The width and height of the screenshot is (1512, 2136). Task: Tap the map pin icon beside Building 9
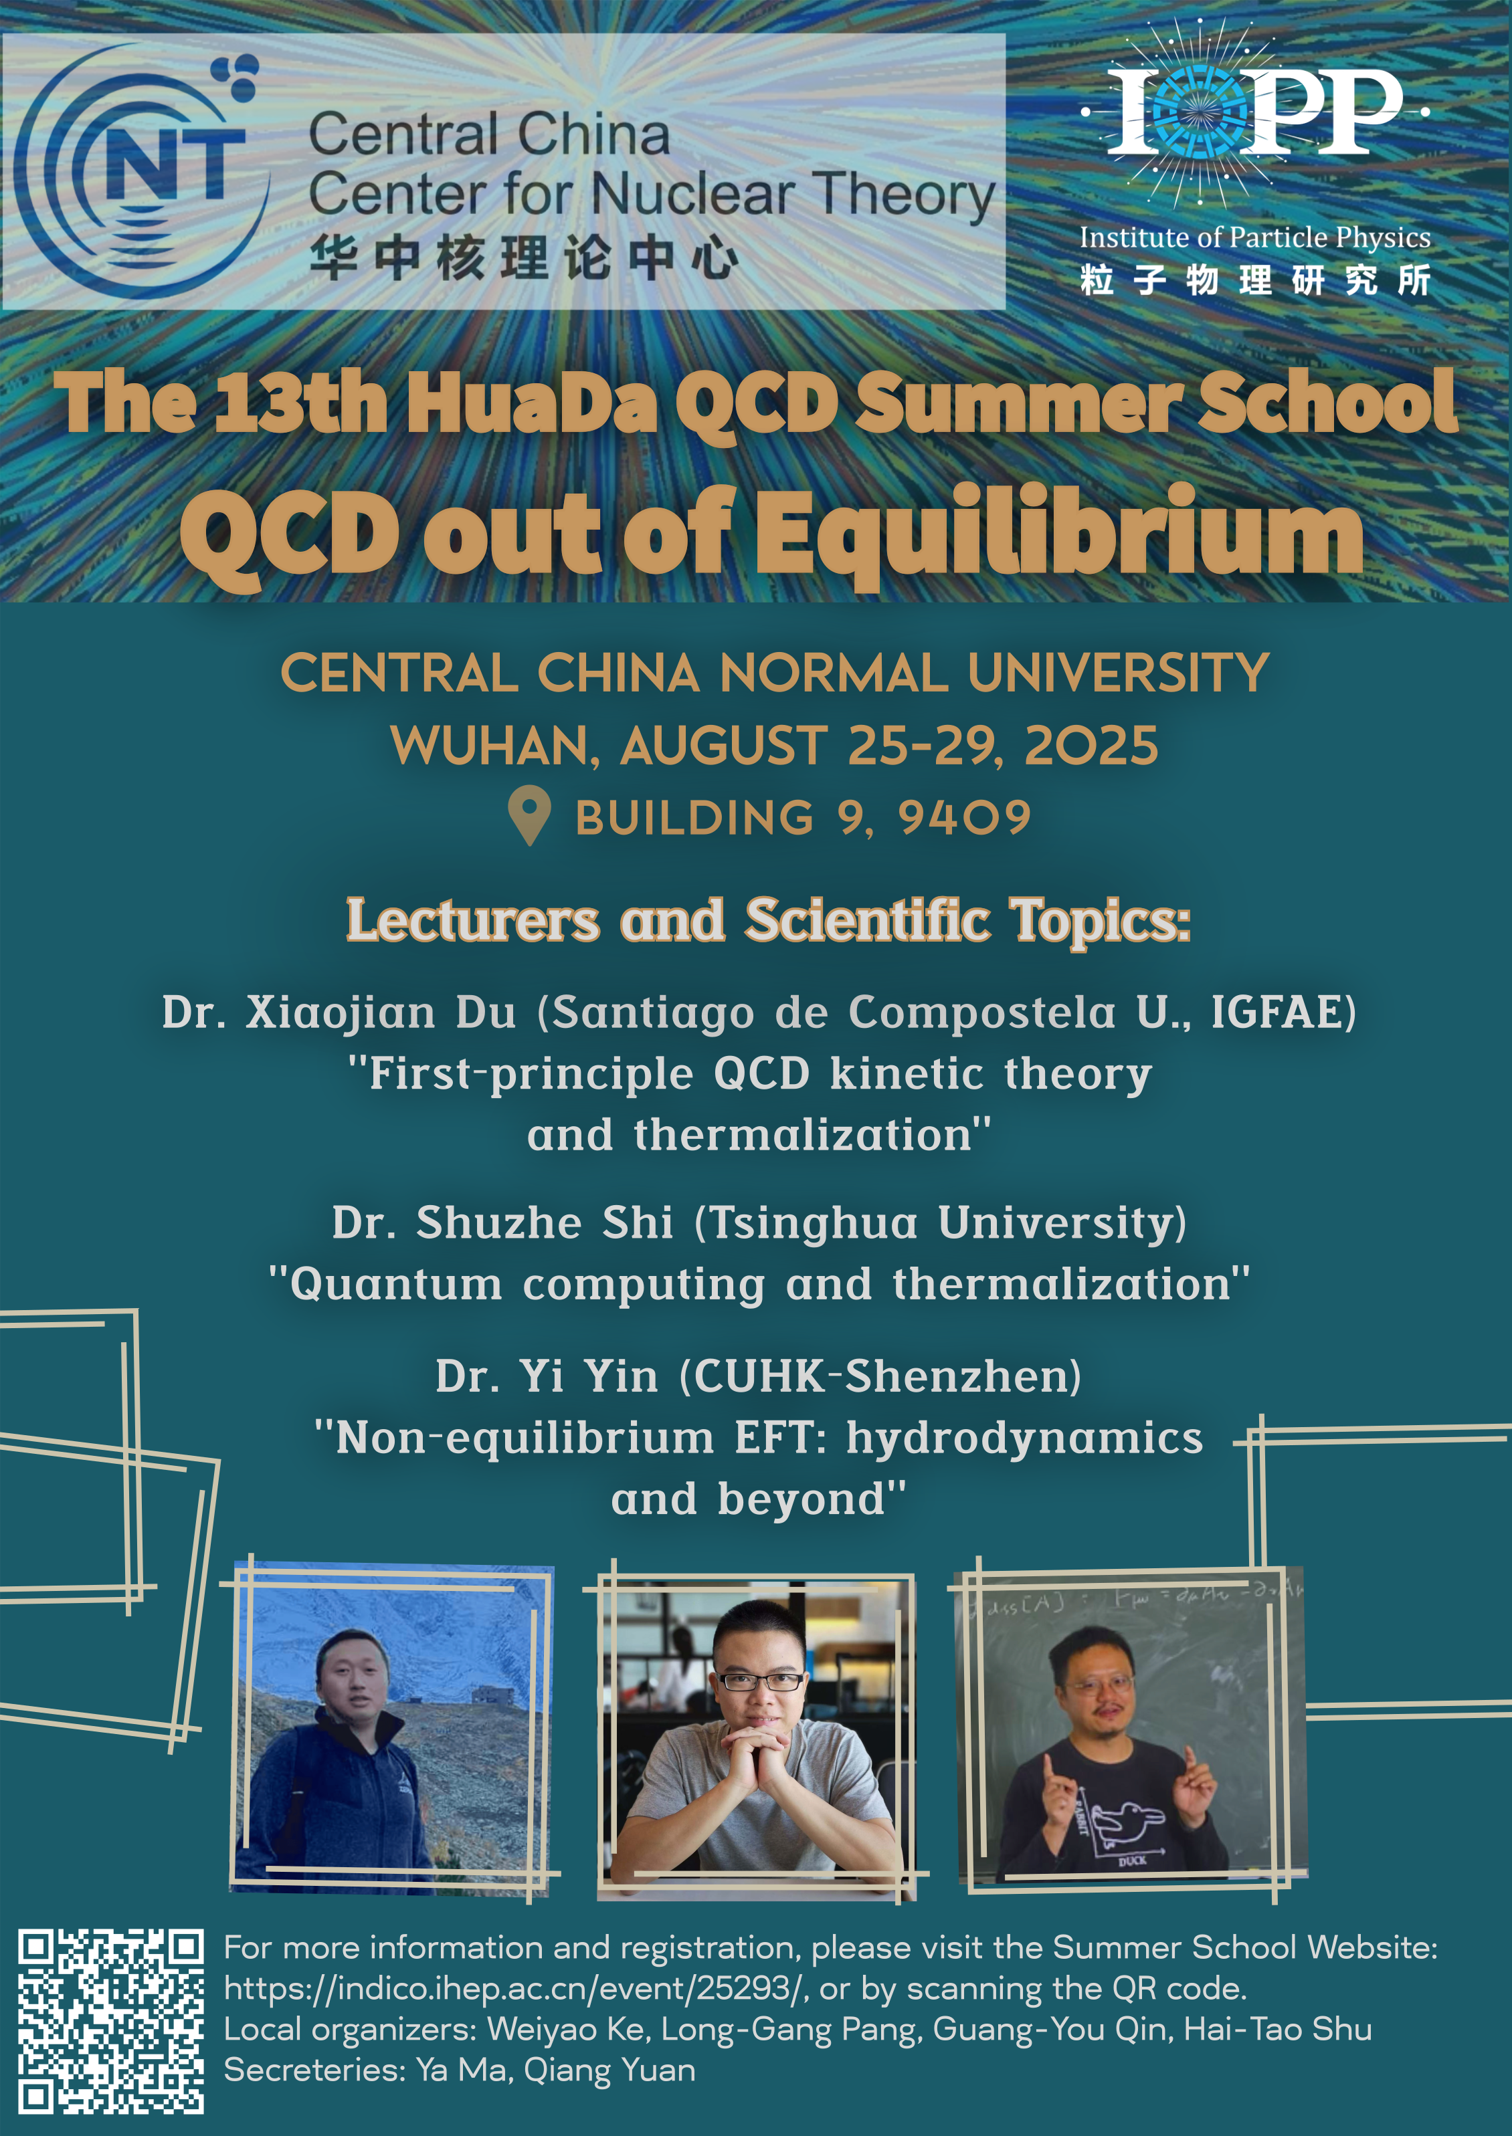pos(530,815)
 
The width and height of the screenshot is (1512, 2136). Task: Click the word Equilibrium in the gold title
pos(1058,535)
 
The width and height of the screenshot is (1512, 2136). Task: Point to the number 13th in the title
pos(300,402)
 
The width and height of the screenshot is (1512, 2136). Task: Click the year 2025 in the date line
pos(1091,746)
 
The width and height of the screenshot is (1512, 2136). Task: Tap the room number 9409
pos(965,818)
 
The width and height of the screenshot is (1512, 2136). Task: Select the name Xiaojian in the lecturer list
pos(340,1012)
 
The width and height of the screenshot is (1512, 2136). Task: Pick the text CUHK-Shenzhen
pos(880,1376)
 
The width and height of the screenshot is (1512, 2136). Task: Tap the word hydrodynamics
pos(1024,1438)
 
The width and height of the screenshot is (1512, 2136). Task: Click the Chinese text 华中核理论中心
pos(524,258)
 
